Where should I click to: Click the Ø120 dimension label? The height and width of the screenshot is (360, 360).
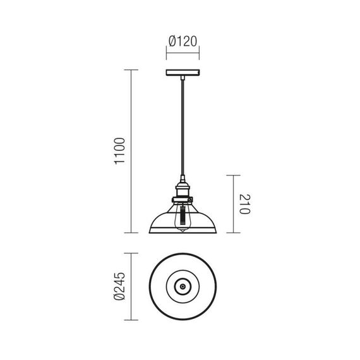pyautogui.click(x=183, y=41)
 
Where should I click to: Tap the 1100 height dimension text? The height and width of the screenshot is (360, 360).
pyautogui.click(x=119, y=151)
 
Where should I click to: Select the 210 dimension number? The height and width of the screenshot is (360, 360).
pyautogui.click(x=245, y=204)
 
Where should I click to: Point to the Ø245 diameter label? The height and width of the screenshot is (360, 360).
pyautogui.click(x=119, y=286)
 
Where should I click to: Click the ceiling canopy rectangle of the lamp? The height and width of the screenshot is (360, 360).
pyautogui.click(x=183, y=73)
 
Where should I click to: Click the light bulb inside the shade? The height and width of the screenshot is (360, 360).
pyautogui.click(x=183, y=217)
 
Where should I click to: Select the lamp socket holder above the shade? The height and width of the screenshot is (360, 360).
pyautogui.click(x=183, y=188)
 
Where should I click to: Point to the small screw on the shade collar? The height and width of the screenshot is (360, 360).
pyautogui.click(x=189, y=200)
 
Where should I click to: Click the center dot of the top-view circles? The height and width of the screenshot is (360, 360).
pyautogui.click(x=183, y=287)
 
